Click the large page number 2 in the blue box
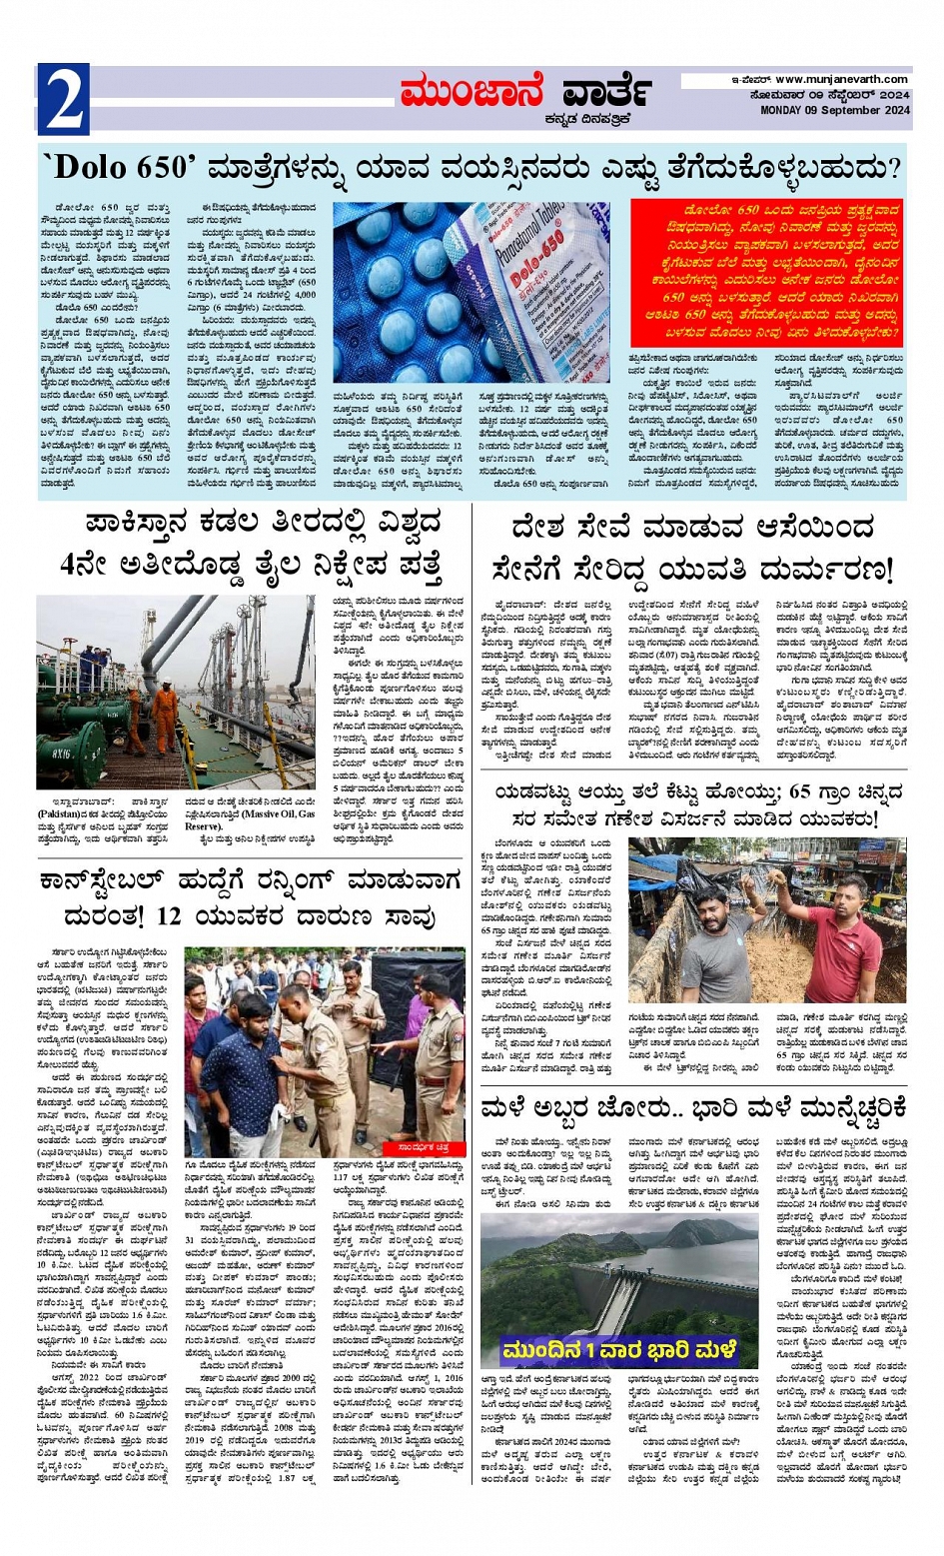point(63,100)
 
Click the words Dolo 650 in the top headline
point(118,167)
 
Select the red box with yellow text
point(766,272)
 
